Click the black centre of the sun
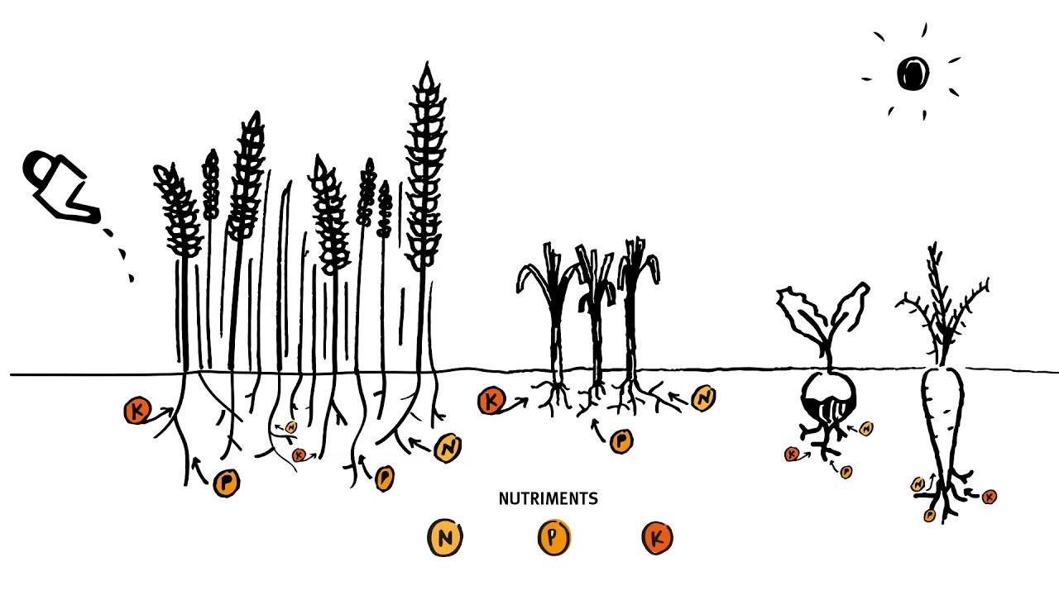tap(913, 74)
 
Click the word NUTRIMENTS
tap(549, 498)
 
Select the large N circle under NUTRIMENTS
tap(445, 537)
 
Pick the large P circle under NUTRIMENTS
tap(554, 537)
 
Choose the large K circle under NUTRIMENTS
tap(658, 537)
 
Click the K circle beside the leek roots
tap(491, 402)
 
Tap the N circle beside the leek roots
tap(703, 398)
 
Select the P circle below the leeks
tap(621, 441)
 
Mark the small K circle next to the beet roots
tap(792, 455)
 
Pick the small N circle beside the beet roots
tap(866, 429)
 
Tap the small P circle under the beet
tap(846, 471)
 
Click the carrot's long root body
tap(942, 425)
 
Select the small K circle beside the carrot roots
tap(989, 497)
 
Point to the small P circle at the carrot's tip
tap(929, 515)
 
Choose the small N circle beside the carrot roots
tap(918, 484)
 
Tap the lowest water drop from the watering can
tap(131, 278)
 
